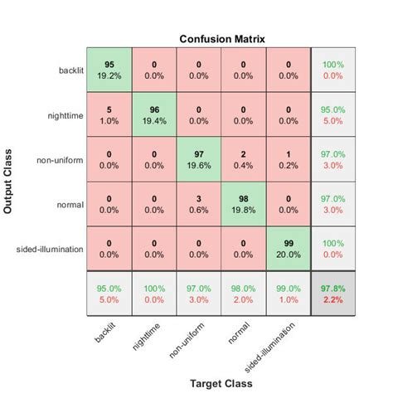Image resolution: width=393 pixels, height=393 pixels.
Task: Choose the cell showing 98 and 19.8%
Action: click(243, 205)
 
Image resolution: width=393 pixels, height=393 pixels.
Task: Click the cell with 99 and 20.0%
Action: click(288, 250)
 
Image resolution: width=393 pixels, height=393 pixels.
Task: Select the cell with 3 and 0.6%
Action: click(198, 205)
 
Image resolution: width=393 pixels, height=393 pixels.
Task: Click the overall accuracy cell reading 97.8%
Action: click(332, 294)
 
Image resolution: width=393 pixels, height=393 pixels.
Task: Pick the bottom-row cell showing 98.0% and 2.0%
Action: click(243, 294)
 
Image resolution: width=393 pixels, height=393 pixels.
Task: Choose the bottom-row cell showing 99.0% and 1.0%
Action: click(288, 294)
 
